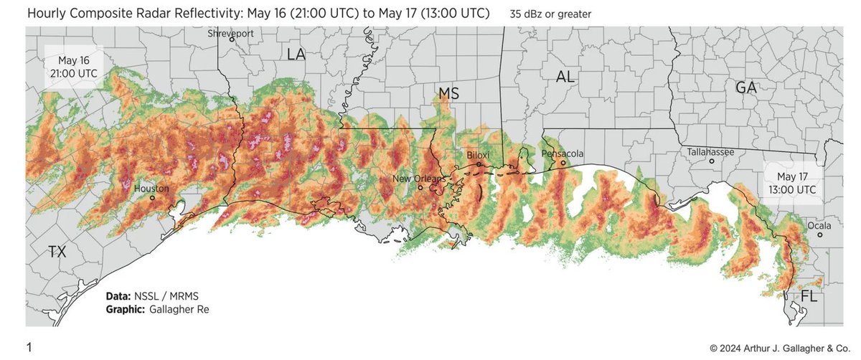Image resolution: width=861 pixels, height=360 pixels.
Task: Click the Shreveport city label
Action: point(232,33)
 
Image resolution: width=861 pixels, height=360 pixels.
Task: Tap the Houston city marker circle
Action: point(152,197)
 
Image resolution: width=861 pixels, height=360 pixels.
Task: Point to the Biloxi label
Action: point(476,155)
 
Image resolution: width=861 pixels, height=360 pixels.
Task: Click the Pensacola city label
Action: point(563,153)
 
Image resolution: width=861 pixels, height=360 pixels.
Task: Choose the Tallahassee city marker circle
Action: point(711,161)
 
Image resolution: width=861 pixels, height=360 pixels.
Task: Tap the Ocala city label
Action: point(819,225)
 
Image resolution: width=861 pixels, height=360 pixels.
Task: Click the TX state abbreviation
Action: point(57,252)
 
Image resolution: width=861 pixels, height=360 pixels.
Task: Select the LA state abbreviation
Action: point(296,55)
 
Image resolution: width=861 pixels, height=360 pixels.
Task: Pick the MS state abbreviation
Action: point(449,94)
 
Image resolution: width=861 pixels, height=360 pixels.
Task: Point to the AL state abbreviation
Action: point(565,77)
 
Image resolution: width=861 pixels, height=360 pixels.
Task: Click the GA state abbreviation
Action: point(746,87)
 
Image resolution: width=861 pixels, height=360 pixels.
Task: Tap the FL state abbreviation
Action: point(809,295)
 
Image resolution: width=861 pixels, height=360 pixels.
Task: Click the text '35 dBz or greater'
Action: point(550,14)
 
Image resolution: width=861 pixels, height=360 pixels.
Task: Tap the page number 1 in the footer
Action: point(29,348)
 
